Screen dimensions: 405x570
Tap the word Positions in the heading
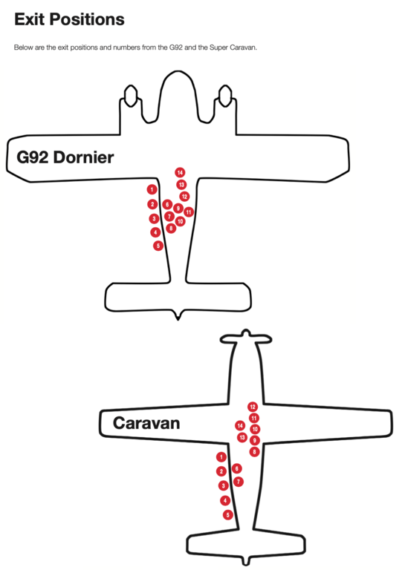pyautogui.click(x=87, y=19)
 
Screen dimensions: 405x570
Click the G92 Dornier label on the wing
pyautogui.click(x=65, y=157)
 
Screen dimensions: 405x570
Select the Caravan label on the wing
pyautogui.click(x=146, y=423)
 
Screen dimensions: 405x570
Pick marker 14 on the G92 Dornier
pyautogui.click(x=180, y=172)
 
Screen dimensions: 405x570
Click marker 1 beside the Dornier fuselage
pyautogui.click(x=152, y=189)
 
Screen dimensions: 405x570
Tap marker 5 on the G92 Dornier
pyautogui.click(x=158, y=246)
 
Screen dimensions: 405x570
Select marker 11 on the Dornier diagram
pyautogui.click(x=189, y=212)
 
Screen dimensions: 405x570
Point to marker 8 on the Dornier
pyautogui.click(x=171, y=229)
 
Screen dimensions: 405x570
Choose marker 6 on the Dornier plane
pyautogui.click(x=167, y=204)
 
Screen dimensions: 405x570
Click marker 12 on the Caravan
pyautogui.click(x=253, y=407)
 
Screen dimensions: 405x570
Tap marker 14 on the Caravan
pyautogui.click(x=240, y=425)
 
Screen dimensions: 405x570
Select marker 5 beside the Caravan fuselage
pyautogui.click(x=228, y=515)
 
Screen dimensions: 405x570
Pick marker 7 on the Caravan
pyautogui.click(x=239, y=482)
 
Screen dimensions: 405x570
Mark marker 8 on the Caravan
pyautogui.click(x=254, y=452)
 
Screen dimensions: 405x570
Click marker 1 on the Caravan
pyautogui.click(x=221, y=457)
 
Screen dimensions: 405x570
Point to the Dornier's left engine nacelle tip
pyautogui.click(x=131, y=86)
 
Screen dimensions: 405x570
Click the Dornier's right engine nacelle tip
pyautogui.click(x=225, y=86)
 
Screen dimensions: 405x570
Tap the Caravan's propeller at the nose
pyautogui.click(x=246, y=338)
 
